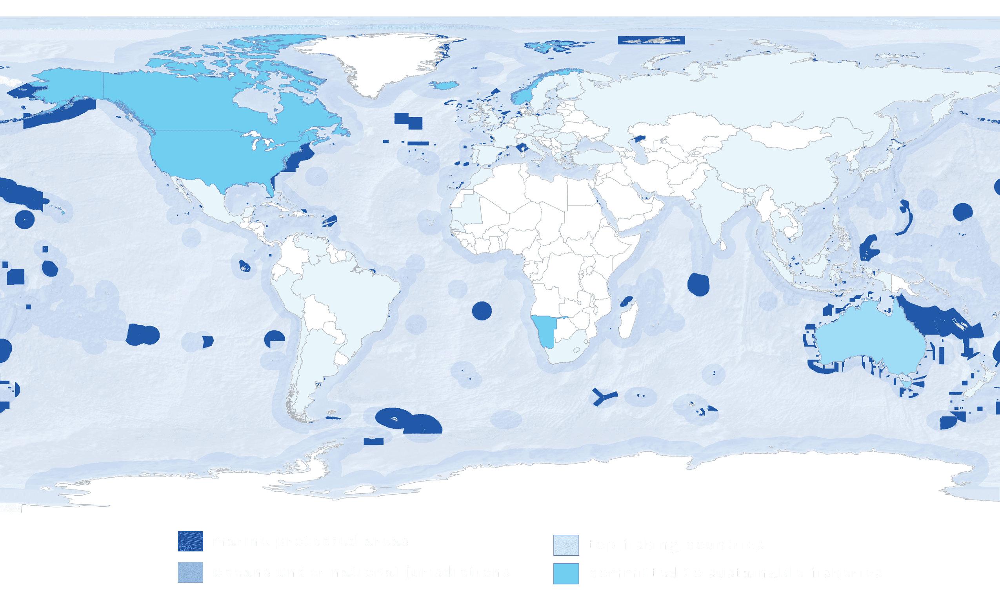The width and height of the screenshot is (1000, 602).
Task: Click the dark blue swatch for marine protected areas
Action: coord(190,541)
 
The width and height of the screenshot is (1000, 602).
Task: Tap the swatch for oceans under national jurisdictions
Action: coord(190,572)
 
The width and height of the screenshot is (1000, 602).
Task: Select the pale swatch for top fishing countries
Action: coord(566,545)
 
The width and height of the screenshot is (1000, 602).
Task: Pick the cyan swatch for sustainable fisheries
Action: coord(566,573)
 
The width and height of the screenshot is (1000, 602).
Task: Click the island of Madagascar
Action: coord(628,322)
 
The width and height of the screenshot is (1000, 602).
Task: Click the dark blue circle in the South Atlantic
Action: coord(482,311)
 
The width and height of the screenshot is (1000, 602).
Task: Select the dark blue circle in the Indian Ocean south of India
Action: coord(698,284)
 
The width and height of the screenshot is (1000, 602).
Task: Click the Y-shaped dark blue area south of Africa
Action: coord(603,396)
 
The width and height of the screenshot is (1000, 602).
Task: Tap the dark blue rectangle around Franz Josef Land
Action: coord(651,40)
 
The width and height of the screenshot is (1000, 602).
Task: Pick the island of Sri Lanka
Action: coord(723,245)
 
